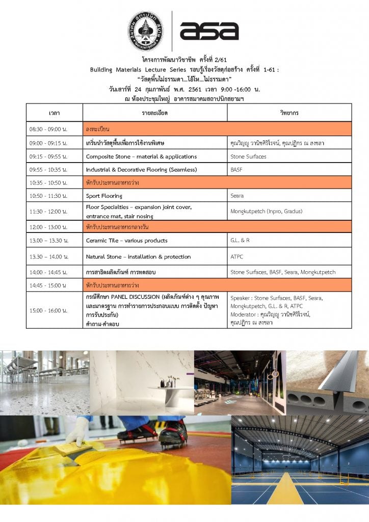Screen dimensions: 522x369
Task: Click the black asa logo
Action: click(x=208, y=31)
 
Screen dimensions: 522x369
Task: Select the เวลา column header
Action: click(x=54, y=112)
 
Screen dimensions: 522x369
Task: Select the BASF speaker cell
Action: click(x=236, y=169)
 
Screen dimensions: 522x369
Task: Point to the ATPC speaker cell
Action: click(x=237, y=257)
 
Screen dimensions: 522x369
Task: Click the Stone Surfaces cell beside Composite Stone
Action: click(x=248, y=156)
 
